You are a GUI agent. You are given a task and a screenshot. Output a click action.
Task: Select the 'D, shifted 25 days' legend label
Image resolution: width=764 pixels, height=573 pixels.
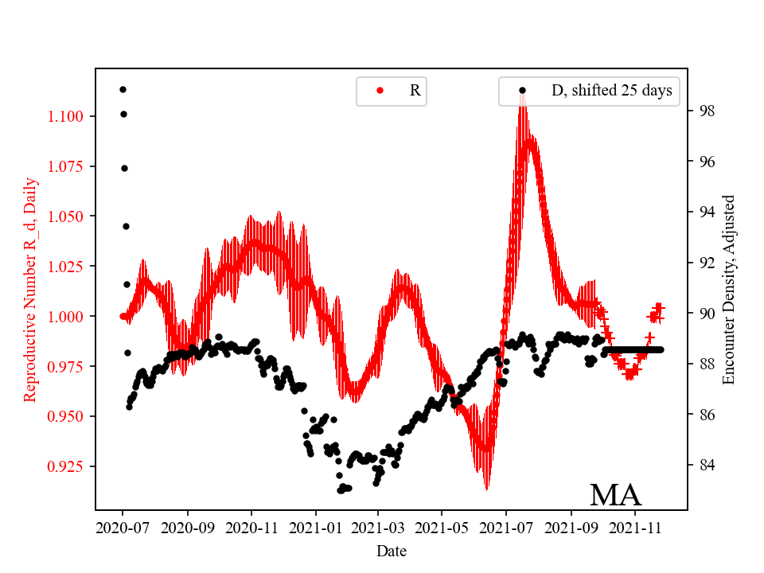(611, 91)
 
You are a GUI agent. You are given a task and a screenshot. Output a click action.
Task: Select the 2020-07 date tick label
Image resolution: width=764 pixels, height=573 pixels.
(123, 527)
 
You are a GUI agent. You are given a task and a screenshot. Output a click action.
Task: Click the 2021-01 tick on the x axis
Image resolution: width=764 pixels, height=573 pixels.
(315, 527)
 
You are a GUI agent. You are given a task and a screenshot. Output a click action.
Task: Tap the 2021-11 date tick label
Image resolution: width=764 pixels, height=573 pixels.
(634, 527)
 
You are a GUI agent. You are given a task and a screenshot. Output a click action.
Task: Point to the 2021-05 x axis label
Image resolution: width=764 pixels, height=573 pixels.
(442, 527)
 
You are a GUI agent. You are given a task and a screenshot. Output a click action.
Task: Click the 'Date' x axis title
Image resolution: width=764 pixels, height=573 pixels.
(391, 550)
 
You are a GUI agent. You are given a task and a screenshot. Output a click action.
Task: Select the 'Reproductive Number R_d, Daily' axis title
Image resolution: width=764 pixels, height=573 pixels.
(30, 290)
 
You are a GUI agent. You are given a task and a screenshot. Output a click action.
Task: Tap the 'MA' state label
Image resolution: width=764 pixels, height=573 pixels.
(615, 495)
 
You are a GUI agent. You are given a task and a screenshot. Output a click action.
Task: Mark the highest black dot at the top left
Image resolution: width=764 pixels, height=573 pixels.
(123, 89)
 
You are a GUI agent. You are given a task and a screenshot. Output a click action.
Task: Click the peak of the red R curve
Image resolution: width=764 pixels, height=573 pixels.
(522, 95)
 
